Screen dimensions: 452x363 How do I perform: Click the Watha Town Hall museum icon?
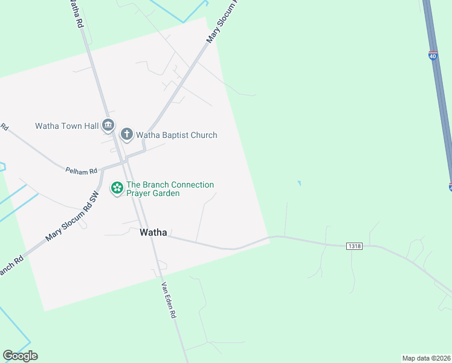click(108, 125)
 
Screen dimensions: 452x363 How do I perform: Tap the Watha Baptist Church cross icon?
click(127, 134)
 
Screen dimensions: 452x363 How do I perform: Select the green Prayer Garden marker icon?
click(117, 189)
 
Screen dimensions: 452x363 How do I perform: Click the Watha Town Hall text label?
click(66, 126)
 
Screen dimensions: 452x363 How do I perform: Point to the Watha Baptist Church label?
click(176, 135)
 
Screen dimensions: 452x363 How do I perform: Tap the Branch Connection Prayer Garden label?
click(170, 189)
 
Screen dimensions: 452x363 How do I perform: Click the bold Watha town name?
click(153, 232)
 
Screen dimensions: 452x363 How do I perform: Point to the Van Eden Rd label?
click(169, 300)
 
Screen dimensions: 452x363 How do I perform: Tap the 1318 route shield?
click(354, 246)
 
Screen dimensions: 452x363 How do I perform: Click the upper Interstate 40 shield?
click(433, 56)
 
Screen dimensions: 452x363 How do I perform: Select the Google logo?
click(20, 356)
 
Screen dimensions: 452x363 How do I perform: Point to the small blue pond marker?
click(299, 183)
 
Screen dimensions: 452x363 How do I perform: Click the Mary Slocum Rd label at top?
click(221, 22)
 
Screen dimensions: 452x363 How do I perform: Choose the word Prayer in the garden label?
click(140, 194)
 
